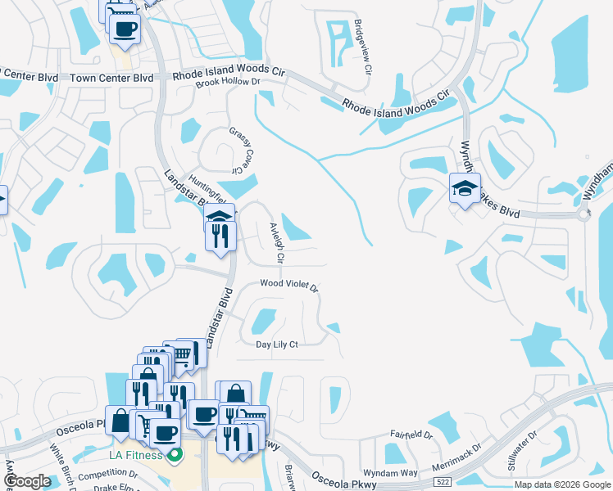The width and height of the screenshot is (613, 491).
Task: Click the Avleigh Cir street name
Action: tap(276, 244)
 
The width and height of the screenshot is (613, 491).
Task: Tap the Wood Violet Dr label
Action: tap(288, 285)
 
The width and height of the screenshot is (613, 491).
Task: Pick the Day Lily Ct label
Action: tap(276, 345)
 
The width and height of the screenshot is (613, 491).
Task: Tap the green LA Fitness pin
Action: tap(173, 455)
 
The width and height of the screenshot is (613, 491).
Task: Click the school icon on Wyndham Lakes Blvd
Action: tap(465, 189)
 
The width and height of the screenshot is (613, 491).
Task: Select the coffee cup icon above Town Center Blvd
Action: tap(125, 29)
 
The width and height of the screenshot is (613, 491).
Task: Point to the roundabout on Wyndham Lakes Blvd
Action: tap(583, 215)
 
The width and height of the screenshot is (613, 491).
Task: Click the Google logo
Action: tap(27, 481)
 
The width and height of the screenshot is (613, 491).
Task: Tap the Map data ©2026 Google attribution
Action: tap(561, 485)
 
